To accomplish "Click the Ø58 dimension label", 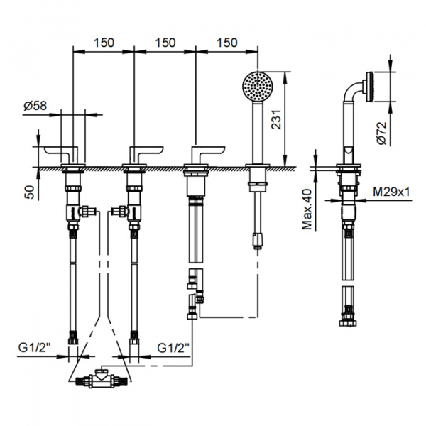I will click(35, 105).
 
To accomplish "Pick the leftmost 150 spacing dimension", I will click(103, 43).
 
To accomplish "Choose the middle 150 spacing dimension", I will click(164, 43).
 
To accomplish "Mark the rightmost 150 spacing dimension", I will click(225, 43).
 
